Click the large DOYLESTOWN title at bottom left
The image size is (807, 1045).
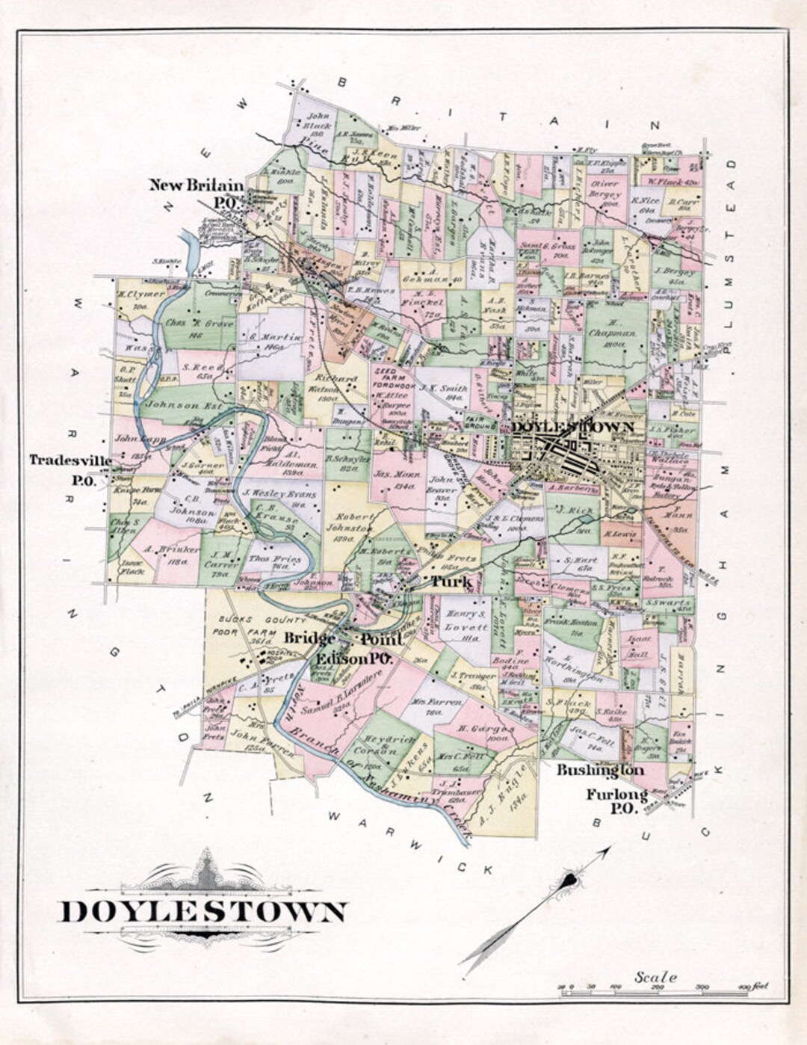click(202, 911)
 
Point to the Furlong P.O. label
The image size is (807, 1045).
click(616, 801)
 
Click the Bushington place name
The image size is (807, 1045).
click(599, 769)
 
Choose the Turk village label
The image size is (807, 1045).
click(450, 581)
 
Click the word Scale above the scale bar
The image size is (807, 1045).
click(655, 977)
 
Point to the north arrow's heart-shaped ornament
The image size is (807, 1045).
click(572, 880)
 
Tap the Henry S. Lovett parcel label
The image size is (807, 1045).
click(466, 621)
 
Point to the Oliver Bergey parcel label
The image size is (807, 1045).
click(605, 188)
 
